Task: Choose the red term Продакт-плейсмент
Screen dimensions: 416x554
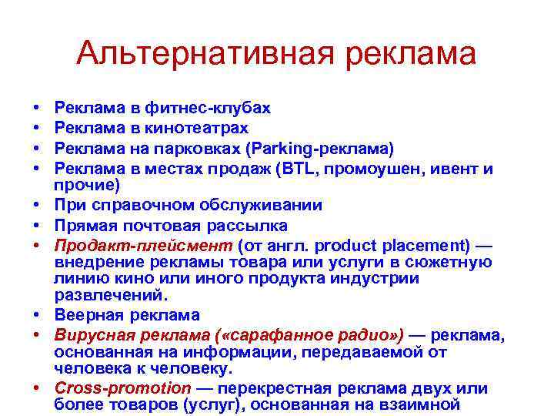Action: tap(143, 247)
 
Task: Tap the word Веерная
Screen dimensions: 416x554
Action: tap(84, 315)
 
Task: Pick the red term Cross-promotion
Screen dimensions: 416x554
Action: tap(122, 387)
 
